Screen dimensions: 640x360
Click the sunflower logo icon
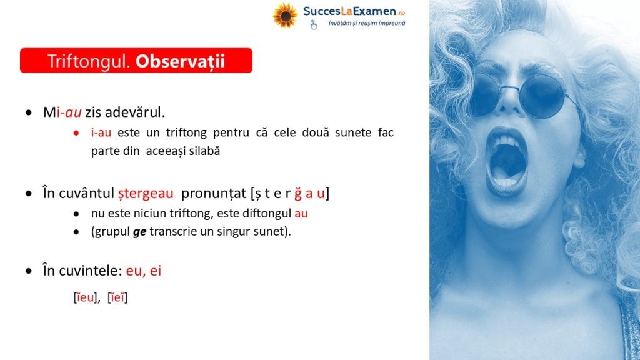click(x=285, y=16)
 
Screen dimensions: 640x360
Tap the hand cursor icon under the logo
click(x=313, y=24)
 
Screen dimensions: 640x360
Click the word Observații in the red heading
click(x=180, y=61)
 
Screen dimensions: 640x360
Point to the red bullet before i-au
click(x=76, y=132)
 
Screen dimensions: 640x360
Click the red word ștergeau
click(x=146, y=193)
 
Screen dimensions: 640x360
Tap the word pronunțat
click(x=214, y=193)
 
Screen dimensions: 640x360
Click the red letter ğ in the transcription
click(x=298, y=194)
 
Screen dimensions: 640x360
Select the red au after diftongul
click(x=301, y=214)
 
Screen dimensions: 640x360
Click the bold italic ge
click(x=139, y=232)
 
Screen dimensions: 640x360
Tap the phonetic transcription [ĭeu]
click(x=85, y=297)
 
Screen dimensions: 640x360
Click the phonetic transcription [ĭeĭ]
click(x=117, y=297)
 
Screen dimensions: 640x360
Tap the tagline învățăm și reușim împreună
click(x=367, y=23)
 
